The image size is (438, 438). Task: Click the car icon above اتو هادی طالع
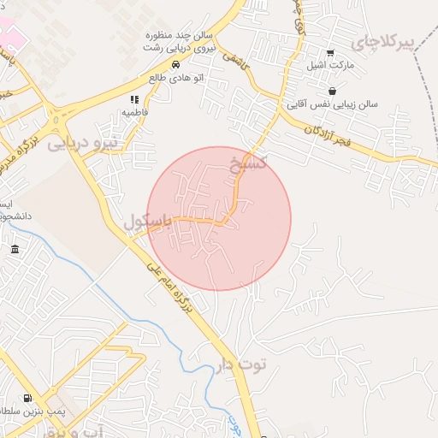(175, 65)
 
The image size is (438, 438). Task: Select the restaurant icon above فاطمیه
(134, 100)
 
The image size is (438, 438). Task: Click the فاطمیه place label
(135, 112)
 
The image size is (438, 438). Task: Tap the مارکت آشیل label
(330, 65)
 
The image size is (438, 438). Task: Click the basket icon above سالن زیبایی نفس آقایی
(332, 92)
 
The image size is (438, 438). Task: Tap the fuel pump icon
(27, 398)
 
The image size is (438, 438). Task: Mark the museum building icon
(15, 249)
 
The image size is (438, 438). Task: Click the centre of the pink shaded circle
(219, 218)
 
